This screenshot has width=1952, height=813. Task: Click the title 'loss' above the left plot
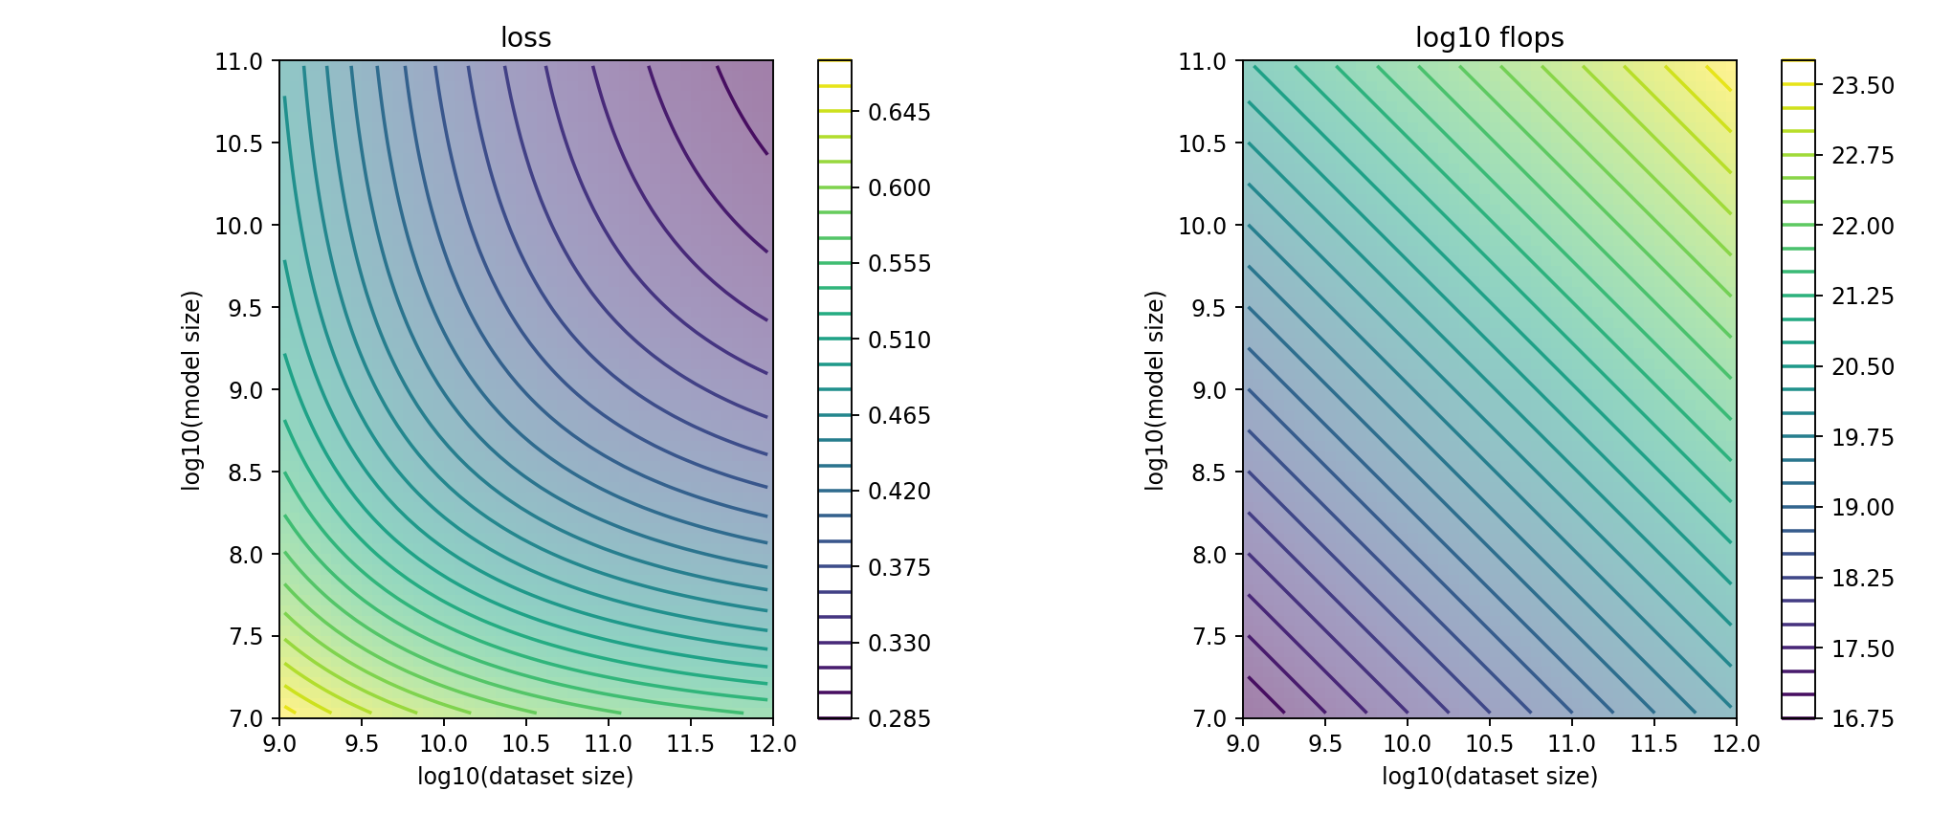coord(525,37)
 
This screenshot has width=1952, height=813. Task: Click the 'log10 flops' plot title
coord(1489,37)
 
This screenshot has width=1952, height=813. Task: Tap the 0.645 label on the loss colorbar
coord(898,112)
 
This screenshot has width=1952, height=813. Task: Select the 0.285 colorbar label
coord(898,718)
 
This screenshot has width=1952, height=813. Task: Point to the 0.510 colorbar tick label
coord(898,340)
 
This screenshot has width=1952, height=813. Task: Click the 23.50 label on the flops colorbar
coord(1862,85)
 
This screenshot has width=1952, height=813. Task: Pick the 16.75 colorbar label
coord(1862,718)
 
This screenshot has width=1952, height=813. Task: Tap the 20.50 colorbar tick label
coord(1862,366)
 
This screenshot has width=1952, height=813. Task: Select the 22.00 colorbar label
coord(1862,226)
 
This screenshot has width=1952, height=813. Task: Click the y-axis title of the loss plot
coord(191,390)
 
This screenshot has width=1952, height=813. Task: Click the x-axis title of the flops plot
coord(1489,776)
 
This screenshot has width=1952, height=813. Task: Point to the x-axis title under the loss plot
coord(525,776)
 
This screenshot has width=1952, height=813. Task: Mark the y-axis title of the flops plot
coord(1155,390)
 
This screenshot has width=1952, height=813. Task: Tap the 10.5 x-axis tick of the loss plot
coord(525,744)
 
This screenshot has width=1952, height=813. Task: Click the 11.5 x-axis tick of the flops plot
coord(1653,744)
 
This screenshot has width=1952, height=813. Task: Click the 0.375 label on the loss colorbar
coord(898,567)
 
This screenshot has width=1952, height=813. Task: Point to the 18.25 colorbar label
coord(1862,578)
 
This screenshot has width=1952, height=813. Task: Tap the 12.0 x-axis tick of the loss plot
coord(772,744)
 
